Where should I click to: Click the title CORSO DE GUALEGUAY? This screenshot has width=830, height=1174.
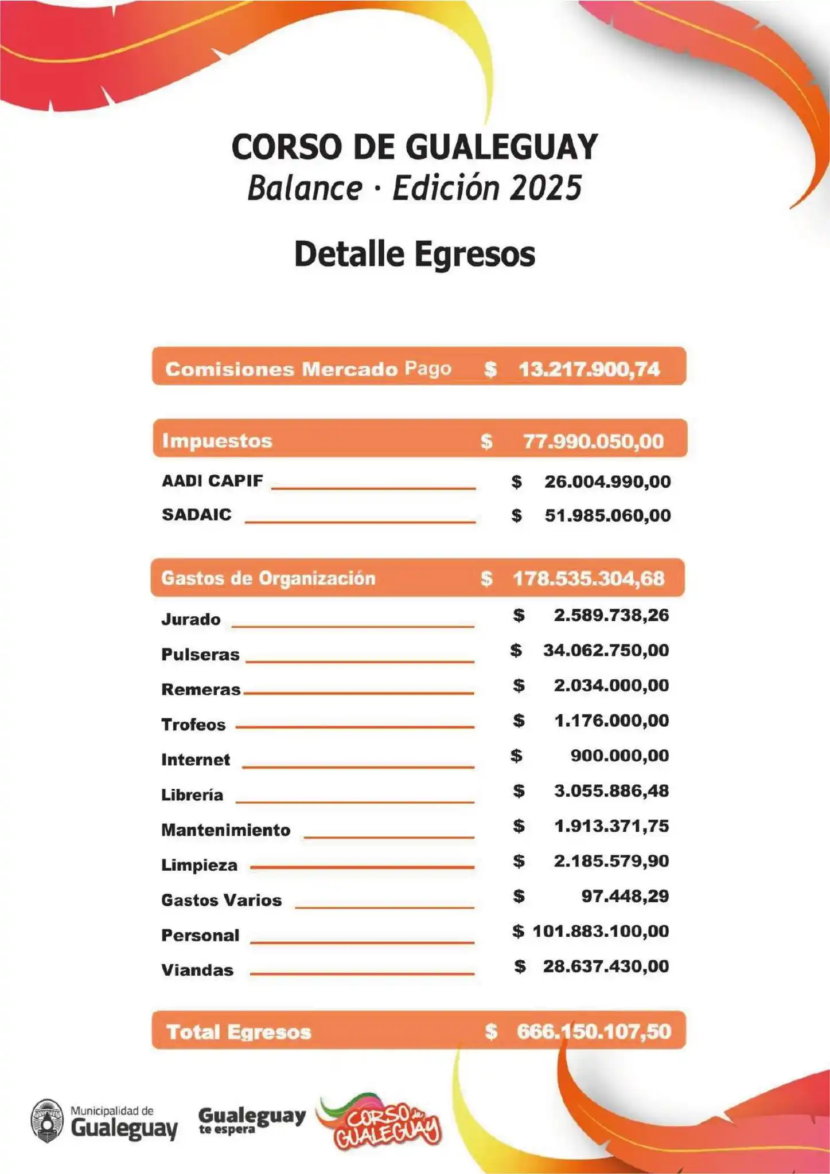[414, 147]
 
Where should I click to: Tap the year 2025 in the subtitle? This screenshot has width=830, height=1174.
[545, 188]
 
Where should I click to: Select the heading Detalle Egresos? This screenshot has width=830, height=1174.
[414, 254]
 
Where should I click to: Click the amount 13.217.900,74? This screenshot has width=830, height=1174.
[589, 369]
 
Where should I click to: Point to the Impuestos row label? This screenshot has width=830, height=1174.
[217, 441]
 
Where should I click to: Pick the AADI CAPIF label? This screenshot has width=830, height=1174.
[212, 480]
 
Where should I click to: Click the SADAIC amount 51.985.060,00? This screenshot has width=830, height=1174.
[607, 515]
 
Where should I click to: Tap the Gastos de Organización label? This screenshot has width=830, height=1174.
[268, 578]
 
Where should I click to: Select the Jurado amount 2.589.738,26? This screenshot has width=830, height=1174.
[611, 616]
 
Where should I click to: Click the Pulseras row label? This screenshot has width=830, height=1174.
[200, 655]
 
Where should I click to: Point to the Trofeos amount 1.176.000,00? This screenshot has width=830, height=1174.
[611, 721]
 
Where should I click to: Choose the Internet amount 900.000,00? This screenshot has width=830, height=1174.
[619, 756]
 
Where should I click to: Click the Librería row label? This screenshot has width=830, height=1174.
[192, 795]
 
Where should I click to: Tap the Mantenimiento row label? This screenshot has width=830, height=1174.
[225, 830]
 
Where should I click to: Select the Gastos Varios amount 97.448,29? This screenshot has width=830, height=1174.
[625, 896]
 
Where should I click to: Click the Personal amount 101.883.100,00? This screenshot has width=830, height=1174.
[601, 931]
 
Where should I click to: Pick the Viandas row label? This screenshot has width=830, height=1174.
[197, 970]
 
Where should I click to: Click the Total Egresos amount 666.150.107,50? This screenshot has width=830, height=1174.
[594, 1031]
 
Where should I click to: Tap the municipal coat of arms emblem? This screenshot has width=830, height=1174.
[47, 1120]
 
